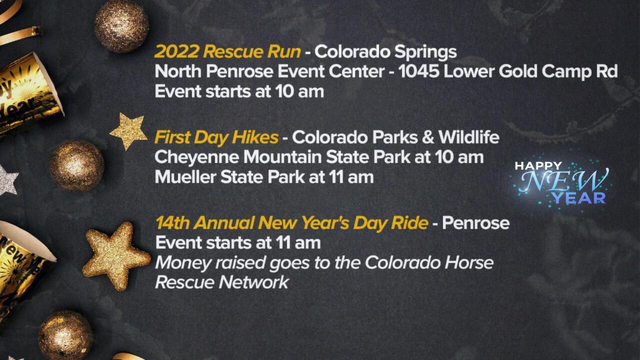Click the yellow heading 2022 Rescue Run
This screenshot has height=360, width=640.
coord(227,51)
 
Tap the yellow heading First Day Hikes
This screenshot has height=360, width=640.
coord(216,137)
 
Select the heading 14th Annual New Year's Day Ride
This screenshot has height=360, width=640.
coord(291,222)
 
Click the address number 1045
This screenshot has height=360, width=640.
coord(419,71)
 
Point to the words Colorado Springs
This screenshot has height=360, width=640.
coord(385,51)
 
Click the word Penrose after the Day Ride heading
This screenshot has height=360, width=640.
coord(475,222)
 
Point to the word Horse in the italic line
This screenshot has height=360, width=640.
coord(469,262)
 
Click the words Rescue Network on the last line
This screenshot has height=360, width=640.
coord(222,282)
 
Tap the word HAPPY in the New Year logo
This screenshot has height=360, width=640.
coord(538,165)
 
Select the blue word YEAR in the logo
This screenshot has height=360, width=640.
coord(579,198)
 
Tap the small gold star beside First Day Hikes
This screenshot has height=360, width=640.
coord(128,130)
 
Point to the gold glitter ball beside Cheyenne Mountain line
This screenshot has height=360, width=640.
coord(76,165)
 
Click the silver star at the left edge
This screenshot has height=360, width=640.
coord(7,180)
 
